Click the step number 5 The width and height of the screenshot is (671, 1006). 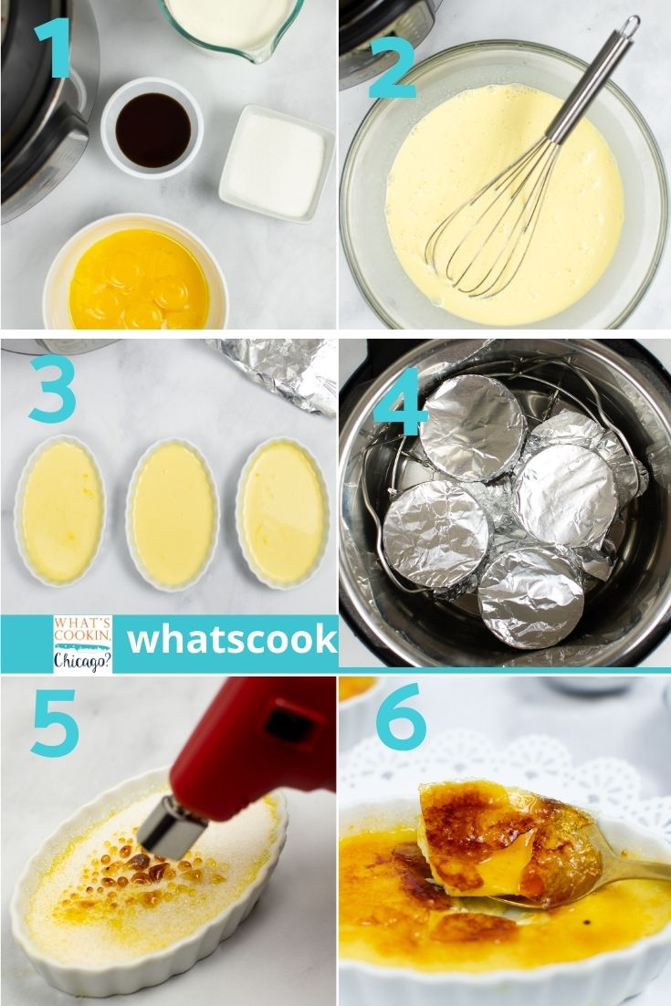[x=55, y=722]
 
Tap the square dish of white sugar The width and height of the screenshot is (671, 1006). [x=278, y=163]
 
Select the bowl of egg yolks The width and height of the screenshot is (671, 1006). [x=137, y=274]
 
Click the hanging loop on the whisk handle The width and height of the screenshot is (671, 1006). [x=629, y=27]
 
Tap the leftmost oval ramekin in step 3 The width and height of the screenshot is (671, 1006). [x=60, y=511]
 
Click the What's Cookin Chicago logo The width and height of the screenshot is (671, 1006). [x=83, y=644]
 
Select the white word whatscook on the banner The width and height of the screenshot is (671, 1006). [x=232, y=640]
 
